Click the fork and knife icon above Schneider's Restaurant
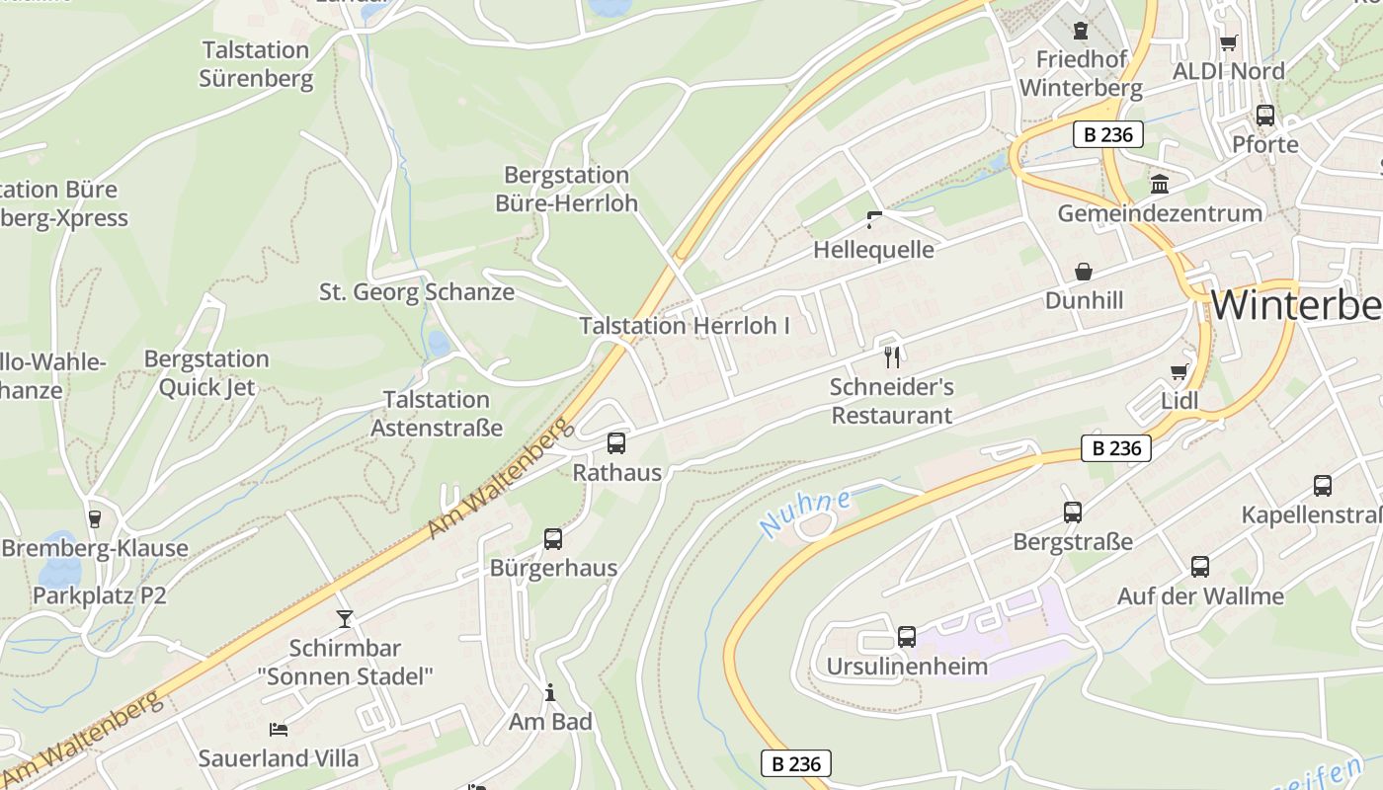[892, 356]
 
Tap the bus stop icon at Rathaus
[616, 443]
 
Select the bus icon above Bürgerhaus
[553, 539]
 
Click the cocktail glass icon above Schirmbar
[344, 619]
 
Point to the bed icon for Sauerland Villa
[279, 730]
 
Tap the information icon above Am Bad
[550, 693]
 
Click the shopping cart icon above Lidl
[1179, 371]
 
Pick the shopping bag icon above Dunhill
[1084, 272]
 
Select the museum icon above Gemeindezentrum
[1160, 185]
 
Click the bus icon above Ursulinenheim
[907, 637]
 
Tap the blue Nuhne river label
[806, 513]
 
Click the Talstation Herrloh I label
[685, 325]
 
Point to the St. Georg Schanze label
[417, 291]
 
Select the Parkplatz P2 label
[100, 595]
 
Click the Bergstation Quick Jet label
[206, 372]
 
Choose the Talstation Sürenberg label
[256, 64]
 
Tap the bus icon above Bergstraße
[1073, 513]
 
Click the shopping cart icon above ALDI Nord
[1228, 42]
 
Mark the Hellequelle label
[873, 250]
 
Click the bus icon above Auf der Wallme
[1200, 567]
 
